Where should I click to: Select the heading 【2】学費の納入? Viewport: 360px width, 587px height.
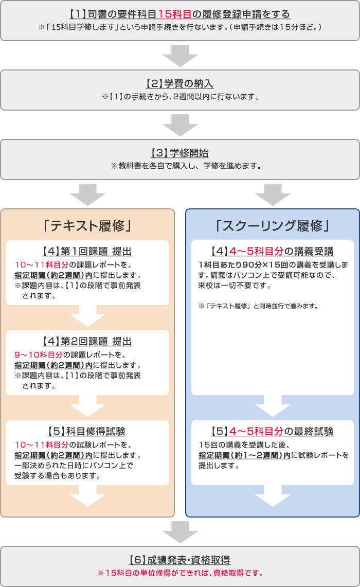pos(179,83)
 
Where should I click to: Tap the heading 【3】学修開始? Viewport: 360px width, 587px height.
pos(179,153)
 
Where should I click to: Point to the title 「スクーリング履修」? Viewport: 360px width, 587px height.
pos(272,225)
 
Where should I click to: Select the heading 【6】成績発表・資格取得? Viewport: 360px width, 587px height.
pos(179,560)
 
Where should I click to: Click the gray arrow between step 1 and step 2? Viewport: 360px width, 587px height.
pos(179,55)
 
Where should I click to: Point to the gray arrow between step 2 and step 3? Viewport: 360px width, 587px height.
pos(179,124)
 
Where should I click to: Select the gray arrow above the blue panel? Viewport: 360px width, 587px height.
pos(272,194)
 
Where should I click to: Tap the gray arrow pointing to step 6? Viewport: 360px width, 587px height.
pos(179,531)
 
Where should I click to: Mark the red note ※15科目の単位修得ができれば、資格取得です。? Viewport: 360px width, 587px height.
pos(179,573)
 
